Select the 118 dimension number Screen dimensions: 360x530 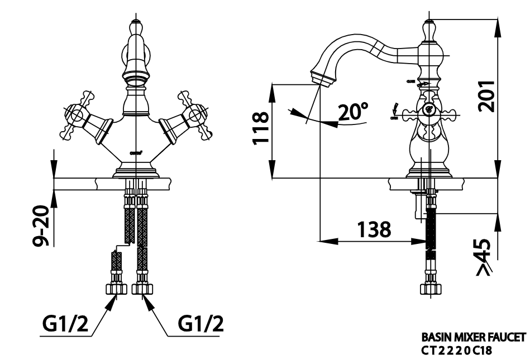pyautogui.click(x=260, y=128)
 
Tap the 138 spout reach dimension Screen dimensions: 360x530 pyautogui.click(x=374, y=229)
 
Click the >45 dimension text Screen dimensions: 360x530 pyautogui.click(x=484, y=257)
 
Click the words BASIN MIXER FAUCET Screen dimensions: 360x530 pyautogui.click(x=473, y=338)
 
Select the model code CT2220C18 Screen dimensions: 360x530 pyautogui.click(x=456, y=351)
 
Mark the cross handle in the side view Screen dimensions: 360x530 pyautogui.click(x=429, y=112)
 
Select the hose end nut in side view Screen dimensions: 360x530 pyautogui.click(x=429, y=287)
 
